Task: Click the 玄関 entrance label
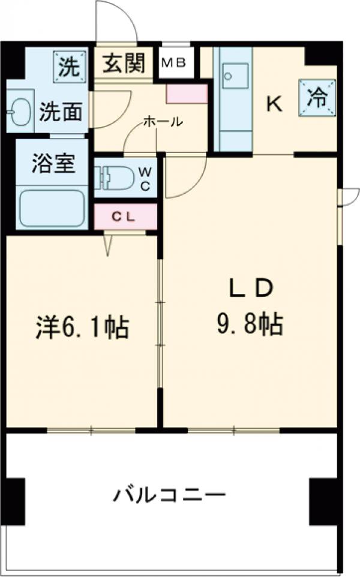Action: click(x=126, y=64)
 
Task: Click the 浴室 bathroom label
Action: click(x=53, y=164)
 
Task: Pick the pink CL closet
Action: click(x=126, y=217)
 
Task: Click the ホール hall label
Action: click(x=162, y=122)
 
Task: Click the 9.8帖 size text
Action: click(x=250, y=324)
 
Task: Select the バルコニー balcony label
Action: click(x=170, y=495)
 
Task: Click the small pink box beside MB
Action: click(x=187, y=94)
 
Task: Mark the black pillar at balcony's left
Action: click(x=16, y=501)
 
